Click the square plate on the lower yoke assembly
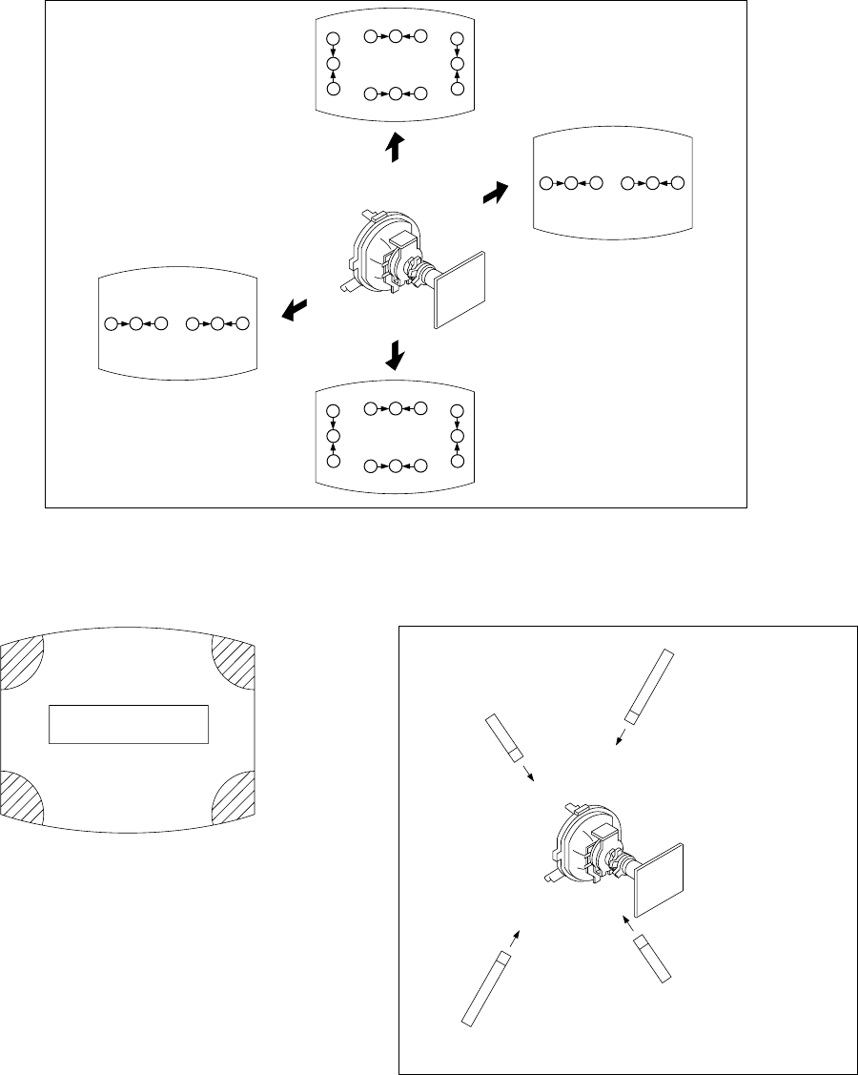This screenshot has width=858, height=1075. click(658, 878)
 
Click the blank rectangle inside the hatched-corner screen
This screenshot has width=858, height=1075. click(129, 724)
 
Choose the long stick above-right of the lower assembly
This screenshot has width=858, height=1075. click(648, 685)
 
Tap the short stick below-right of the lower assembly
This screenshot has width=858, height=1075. click(655, 958)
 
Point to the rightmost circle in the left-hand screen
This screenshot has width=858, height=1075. click(243, 324)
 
